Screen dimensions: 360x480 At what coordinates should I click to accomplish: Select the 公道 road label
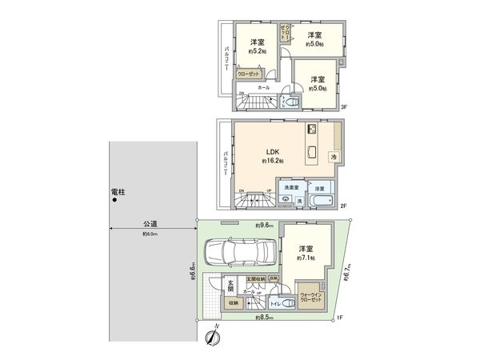pos(150,224)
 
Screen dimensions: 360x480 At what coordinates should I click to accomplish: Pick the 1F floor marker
pos(339,318)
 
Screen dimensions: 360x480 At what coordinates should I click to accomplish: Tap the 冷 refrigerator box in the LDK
pos(334,156)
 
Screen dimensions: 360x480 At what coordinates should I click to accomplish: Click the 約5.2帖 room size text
pos(258,50)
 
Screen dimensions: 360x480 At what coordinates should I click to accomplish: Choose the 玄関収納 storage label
pos(256,278)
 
